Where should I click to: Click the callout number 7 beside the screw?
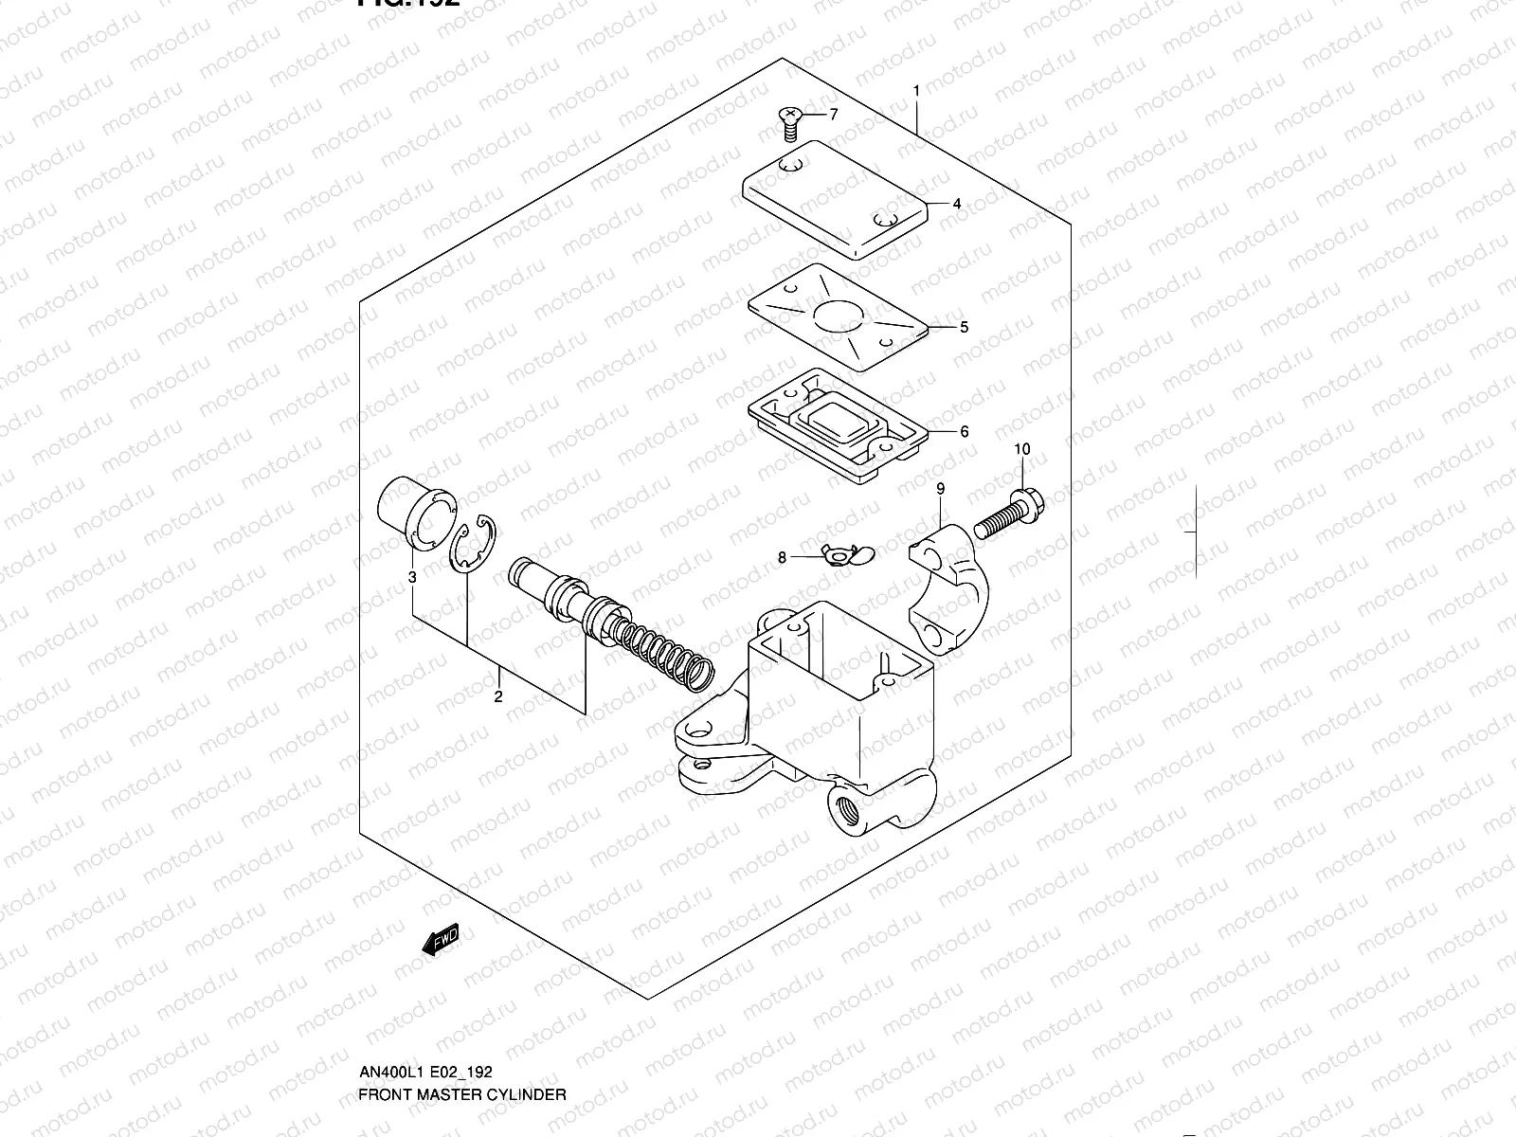[834, 116]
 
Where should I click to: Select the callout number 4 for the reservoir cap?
[957, 204]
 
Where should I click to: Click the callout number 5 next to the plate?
[964, 328]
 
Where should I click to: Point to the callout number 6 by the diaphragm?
[965, 432]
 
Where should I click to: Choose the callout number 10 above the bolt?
[1021, 449]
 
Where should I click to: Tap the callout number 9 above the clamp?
[941, 489]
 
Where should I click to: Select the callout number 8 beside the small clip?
[782, 558]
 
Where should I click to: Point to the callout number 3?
[412, 577]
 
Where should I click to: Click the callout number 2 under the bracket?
[497, 698]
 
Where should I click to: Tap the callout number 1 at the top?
[916, 91]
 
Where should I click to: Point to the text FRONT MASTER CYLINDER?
[462, 1093]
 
